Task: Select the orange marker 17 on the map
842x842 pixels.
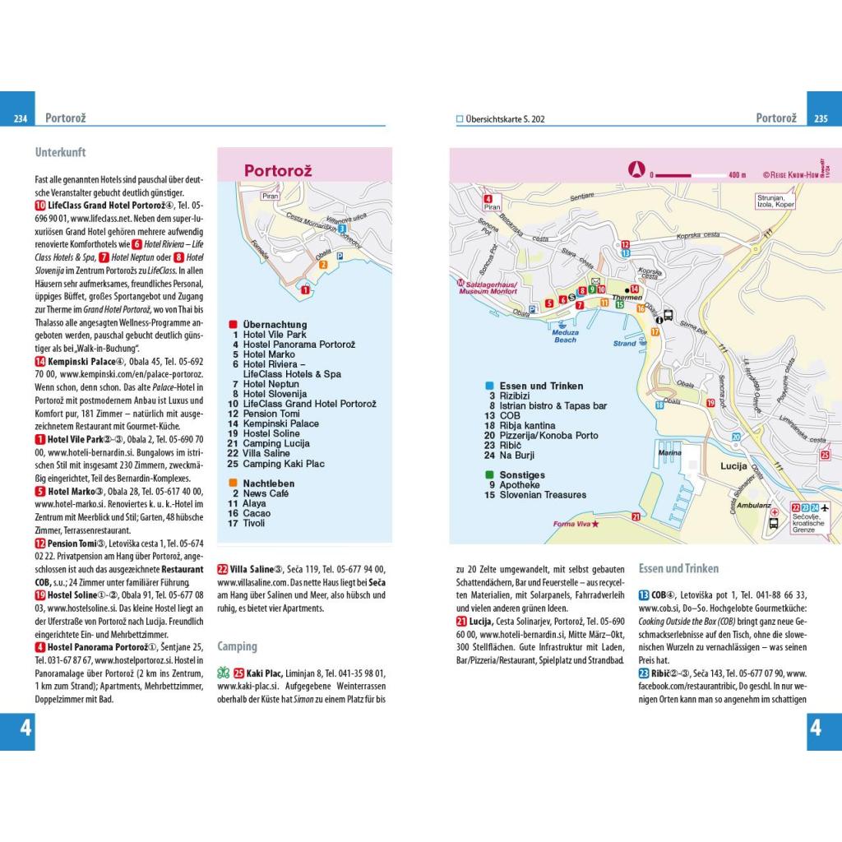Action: coord(655,331)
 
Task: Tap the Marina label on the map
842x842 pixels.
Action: coord(670,453)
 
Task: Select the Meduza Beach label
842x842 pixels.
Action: coord(565,336)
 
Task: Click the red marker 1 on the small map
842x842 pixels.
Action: coord(305,289)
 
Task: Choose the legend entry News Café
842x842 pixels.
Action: coord(266,493)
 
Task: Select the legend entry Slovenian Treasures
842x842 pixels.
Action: coord(543,495)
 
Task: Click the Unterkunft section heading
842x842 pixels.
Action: coord(61,152)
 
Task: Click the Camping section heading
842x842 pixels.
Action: coord(237,646)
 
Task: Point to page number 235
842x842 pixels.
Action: coord(819,118)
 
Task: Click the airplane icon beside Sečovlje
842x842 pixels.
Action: coord(826,507)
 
